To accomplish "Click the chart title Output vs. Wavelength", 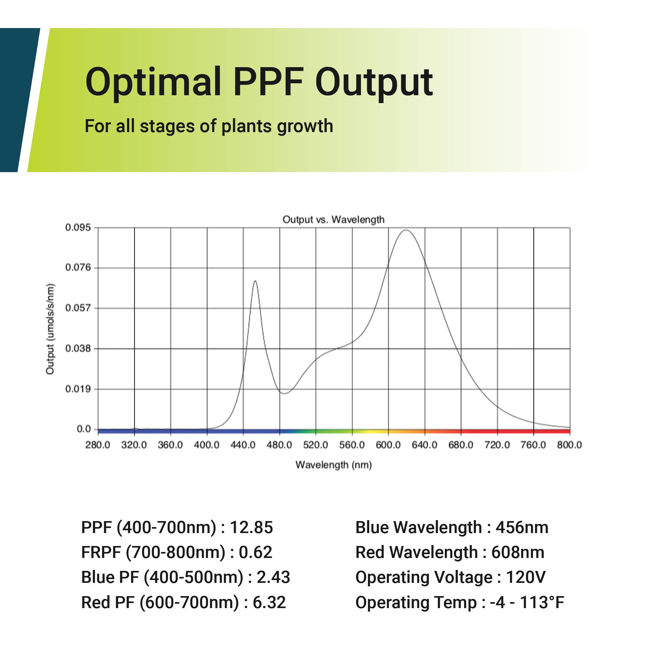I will (x=333, y=220).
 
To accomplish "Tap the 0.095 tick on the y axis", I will (x=78, y=228).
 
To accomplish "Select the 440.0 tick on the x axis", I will (x=243, y=445).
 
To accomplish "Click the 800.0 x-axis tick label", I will (x=569, y=445).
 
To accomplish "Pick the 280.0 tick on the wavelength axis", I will (x=98, y=445).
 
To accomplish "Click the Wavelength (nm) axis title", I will (x=334, y=465).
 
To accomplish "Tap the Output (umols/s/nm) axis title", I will (x=50, y=329).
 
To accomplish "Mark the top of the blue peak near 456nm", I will (x=255, y=281).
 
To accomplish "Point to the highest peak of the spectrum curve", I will (x=406, y=230).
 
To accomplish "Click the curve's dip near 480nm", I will (x=284, y=393).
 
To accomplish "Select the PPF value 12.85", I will (x=251, y=527).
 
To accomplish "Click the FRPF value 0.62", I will (x=255, y=552).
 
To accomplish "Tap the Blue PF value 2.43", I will (x=273, y=578).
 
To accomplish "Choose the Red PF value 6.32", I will (x=269, y=603).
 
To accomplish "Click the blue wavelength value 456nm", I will (x=522, y=527).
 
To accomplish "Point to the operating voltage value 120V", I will (x=525, y=578).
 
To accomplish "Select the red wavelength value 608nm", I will (x=517, y=552).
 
